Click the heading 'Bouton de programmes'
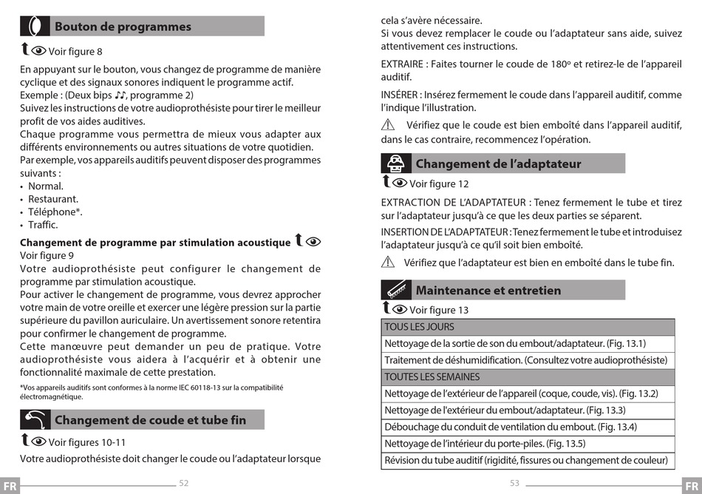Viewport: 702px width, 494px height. click(123, 27)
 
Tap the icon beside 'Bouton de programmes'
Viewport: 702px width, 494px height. click(35, 26)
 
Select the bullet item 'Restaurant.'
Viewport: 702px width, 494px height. click(52, 199)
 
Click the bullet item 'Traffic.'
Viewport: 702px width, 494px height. click(43, 225)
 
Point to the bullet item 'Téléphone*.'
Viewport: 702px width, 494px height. click(55, 212)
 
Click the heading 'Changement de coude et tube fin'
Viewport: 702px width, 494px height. click(150, 420)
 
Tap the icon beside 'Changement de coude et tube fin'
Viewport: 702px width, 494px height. click(35, 420)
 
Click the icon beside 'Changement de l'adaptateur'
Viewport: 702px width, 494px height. click(396, 163)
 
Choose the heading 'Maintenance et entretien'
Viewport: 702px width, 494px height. click(488, 290)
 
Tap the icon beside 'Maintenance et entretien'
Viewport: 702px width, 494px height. click(396, 290)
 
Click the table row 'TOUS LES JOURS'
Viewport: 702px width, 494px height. click(528, 327)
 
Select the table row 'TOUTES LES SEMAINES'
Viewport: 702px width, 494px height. click(528, 376)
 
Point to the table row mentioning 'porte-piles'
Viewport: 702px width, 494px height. click(528, 444)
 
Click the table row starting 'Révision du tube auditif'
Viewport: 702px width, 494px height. click(528, 461)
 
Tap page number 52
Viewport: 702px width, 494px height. click(184, 483)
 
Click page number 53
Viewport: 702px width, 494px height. click(515, 483)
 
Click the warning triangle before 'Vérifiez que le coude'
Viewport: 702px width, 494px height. click(389, 125)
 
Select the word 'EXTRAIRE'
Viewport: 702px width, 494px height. click(402, 64)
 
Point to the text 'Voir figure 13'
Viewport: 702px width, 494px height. click(439, 310)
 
